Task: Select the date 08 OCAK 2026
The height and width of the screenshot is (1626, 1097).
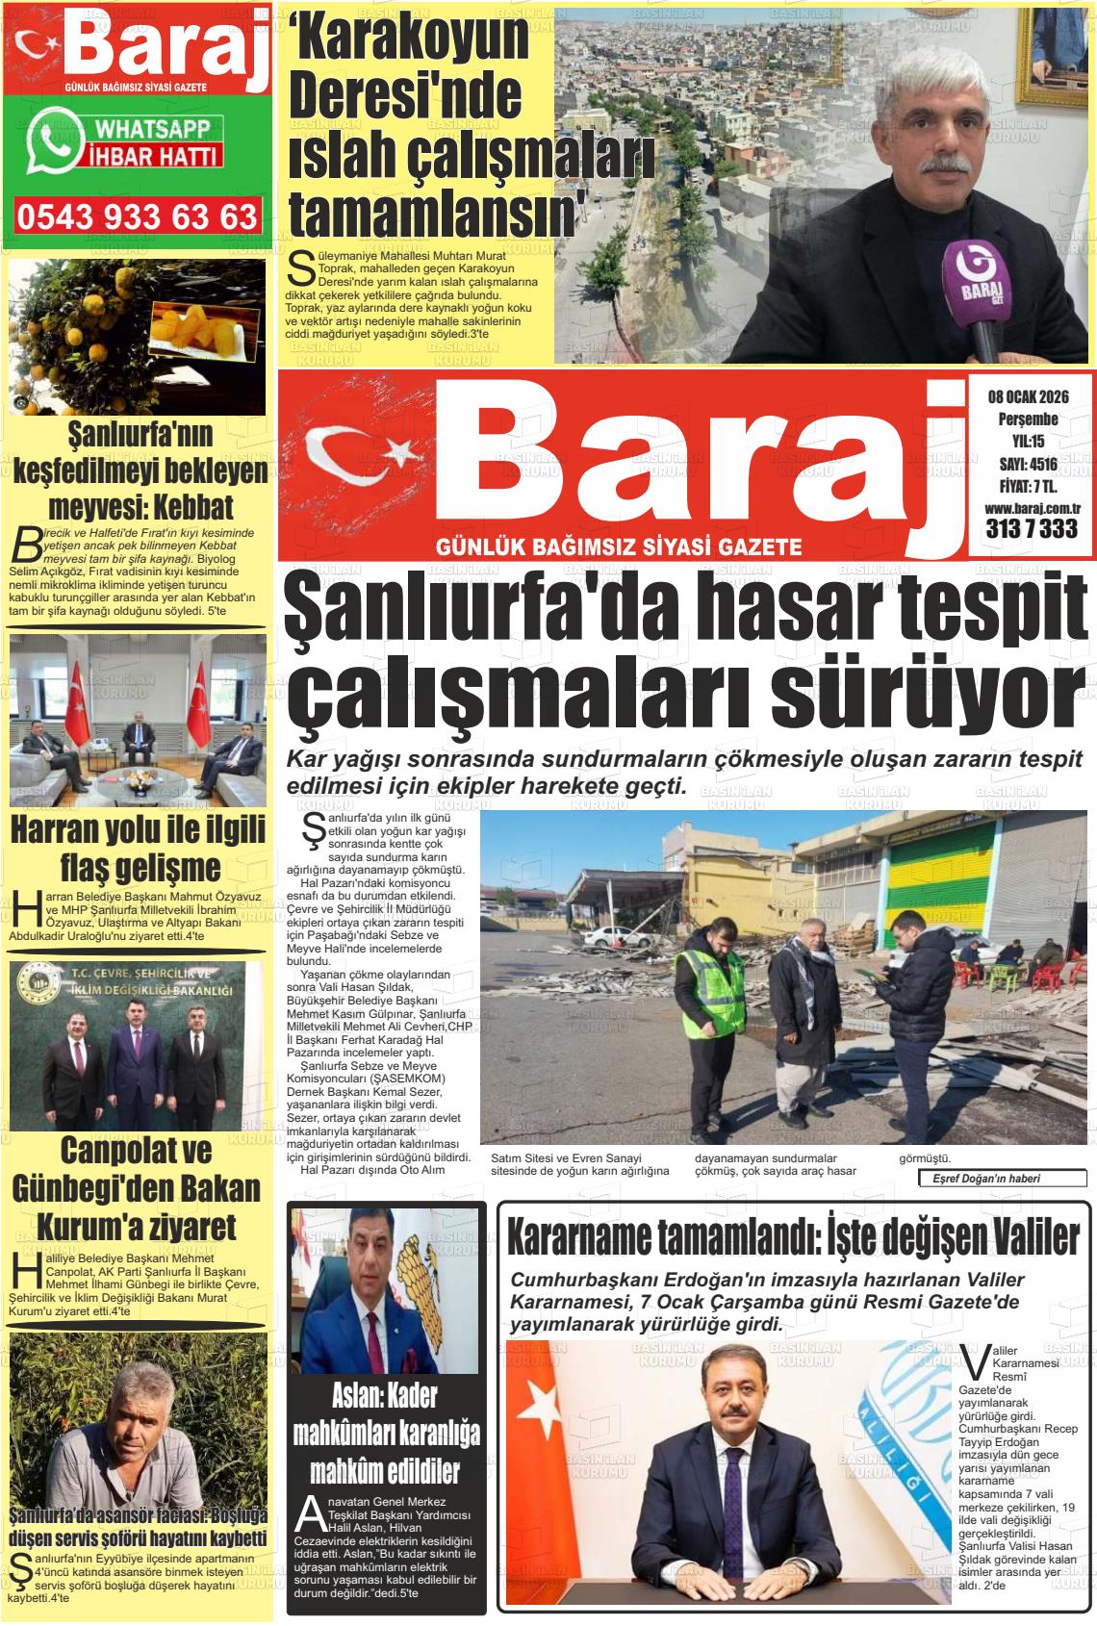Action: pos(1028,396)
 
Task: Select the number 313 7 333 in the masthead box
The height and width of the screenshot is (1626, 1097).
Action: pos(1031,528)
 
